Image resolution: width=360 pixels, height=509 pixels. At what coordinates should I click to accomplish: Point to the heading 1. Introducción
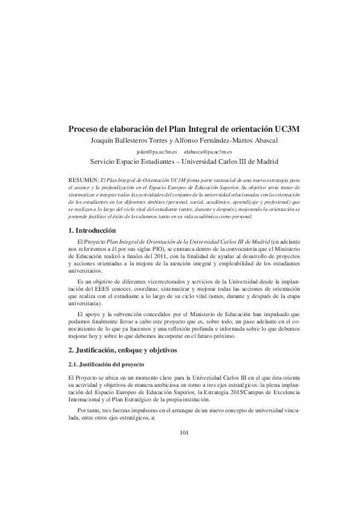click(99, 231)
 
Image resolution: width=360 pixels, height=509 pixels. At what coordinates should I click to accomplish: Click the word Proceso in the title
click(85, 129)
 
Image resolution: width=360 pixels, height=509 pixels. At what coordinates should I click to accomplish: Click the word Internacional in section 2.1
click(89, 400)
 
